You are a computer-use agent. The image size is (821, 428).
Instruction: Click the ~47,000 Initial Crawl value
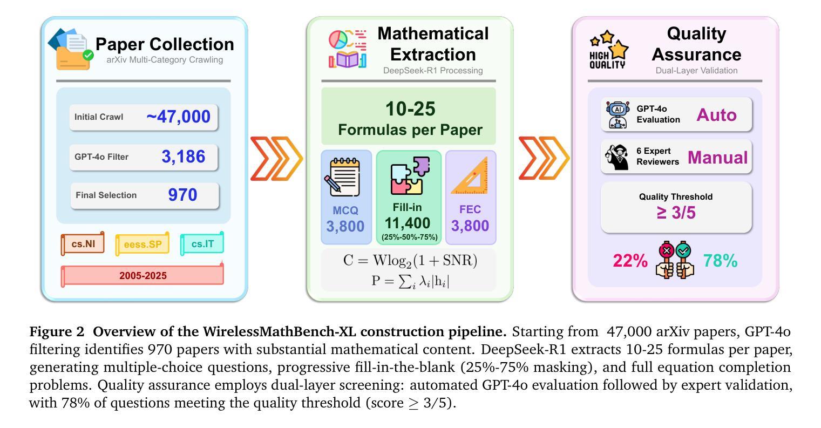(x=178, y=117)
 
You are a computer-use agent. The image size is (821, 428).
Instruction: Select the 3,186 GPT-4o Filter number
(x=183, y=157)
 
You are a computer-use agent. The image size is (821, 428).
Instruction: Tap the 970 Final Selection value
(x=182, y=195)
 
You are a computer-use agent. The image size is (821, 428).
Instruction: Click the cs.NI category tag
(x=83, y=244)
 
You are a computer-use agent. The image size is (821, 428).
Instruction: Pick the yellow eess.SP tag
(x=143, y=244)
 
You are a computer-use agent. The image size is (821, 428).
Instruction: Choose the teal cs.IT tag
(x=202, y=244)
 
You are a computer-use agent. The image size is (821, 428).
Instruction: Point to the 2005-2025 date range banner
(x=143, y=275)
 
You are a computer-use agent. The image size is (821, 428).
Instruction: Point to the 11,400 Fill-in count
(x=408, y=223)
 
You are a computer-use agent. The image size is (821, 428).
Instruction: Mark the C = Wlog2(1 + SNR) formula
(x=410, y=261)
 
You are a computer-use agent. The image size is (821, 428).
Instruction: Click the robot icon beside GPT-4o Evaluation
(x=618, y=114)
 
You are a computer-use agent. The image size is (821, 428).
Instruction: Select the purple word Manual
(x=717, y=157)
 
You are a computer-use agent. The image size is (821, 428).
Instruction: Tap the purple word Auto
(x=716, y=114)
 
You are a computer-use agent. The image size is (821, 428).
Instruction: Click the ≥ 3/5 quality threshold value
(x=676, y=213)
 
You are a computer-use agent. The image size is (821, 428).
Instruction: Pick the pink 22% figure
(x=630, y=261)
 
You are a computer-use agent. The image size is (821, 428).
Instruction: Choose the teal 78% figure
(x=720, y=261)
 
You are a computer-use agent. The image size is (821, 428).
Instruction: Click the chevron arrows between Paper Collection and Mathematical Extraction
(x=276, y=159)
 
